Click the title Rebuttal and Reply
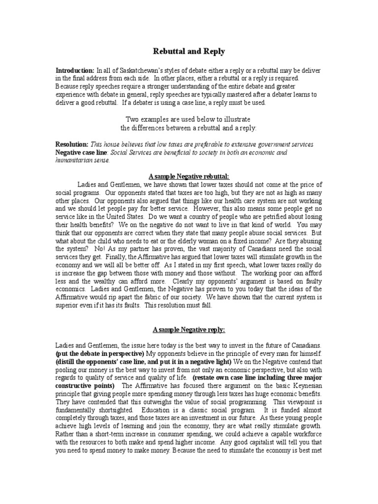click(189, 51)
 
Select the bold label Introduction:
click(75, 70)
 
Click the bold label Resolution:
click(72, 144)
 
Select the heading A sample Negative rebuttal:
click(189, 176)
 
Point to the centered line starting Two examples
click(189, 120)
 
